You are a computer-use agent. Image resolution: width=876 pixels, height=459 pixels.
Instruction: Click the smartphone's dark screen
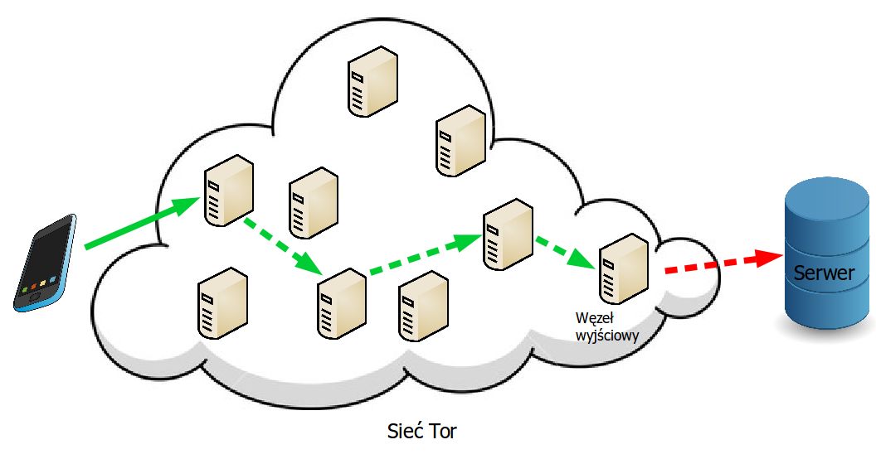point(43,257)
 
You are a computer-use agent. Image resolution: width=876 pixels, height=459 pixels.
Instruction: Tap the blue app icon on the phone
point(52,279)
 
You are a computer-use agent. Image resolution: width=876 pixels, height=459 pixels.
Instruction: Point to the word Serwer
point(824,272)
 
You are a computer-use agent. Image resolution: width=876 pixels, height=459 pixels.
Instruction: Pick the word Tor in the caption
point(443,432)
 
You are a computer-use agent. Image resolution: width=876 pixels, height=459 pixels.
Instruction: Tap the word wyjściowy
point(608,334)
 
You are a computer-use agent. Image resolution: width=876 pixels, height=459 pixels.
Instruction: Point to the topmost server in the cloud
point(371,80)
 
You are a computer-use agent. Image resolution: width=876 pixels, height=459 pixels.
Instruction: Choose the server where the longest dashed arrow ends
point(507,234)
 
